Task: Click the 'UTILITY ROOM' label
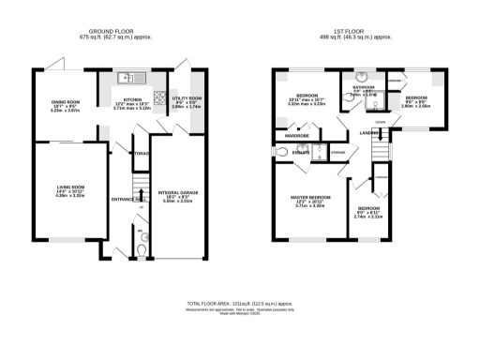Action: coord(188,97)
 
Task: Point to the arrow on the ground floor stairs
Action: coord(139,195)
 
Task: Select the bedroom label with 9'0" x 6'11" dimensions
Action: coord(367,208)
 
